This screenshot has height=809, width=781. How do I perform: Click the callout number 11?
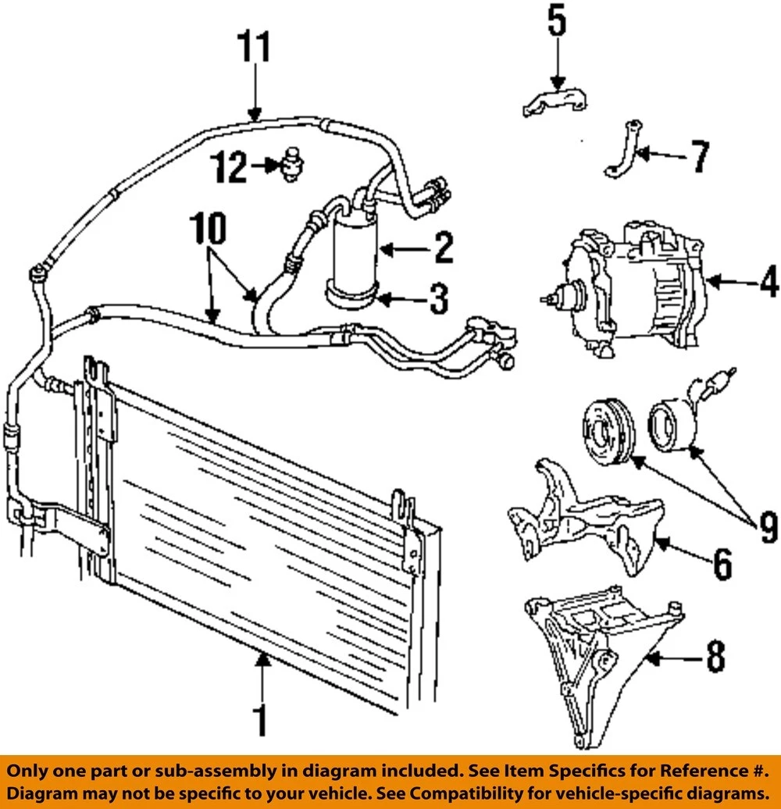click(x=255, y=48)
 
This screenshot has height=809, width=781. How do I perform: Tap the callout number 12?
click(x=231, y=167)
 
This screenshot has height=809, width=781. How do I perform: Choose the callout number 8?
click(x=714, y=658)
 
